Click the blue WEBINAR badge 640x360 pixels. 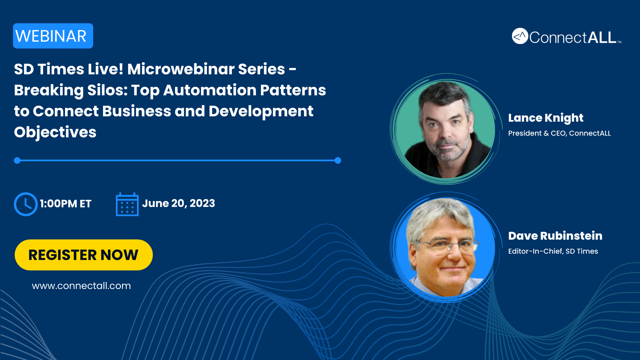[53, 36]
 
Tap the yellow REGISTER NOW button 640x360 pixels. [84, 255]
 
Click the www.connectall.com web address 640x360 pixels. [81, 286]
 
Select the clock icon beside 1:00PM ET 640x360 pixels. [26, 204]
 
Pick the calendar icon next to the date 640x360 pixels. [127, 204]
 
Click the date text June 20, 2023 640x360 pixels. [179, 203]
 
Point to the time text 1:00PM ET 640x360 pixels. [66, 204]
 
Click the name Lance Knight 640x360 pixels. [546, 118]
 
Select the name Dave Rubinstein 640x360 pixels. [555, 236]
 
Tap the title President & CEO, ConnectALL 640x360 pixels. [559, 133]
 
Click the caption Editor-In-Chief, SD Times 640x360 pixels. [553, 251]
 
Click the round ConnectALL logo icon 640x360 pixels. [520, 36]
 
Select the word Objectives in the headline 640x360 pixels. [55, 132]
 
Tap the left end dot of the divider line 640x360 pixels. [17, 161]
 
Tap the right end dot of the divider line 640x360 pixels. [338, 161]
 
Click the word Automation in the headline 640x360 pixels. [210, 90]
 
